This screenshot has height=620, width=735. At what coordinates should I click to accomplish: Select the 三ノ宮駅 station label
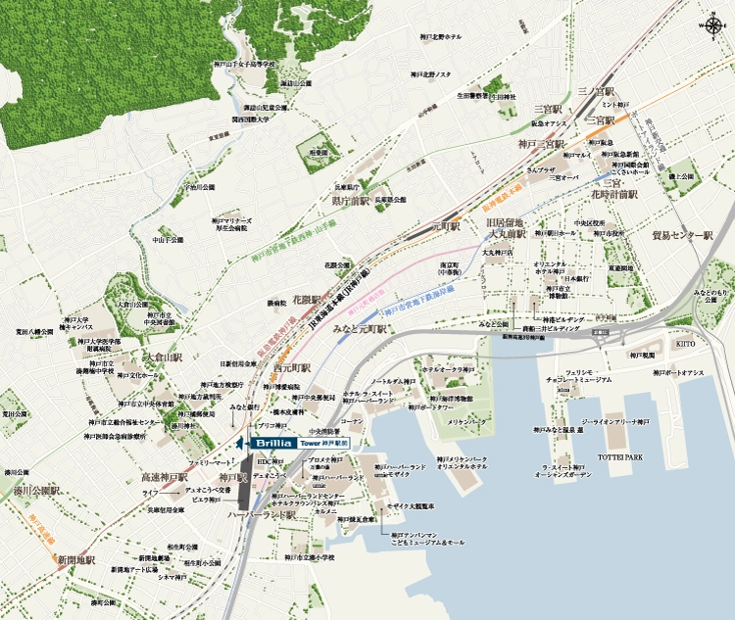tap(594, 90)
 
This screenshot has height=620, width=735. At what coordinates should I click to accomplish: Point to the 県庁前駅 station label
tap(350, 201)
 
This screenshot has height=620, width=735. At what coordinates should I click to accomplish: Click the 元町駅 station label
tap(446, 226)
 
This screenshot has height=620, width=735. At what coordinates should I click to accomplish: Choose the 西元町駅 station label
tap(292, 368)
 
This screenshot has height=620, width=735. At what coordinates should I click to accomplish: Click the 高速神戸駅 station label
tap(164, 477)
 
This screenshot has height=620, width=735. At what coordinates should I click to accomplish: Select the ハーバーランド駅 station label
tap(262, 514)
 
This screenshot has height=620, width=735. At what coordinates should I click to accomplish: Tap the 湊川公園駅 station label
tap(38, 488)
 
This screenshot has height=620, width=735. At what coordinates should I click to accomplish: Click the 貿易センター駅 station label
tap(681, 236)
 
